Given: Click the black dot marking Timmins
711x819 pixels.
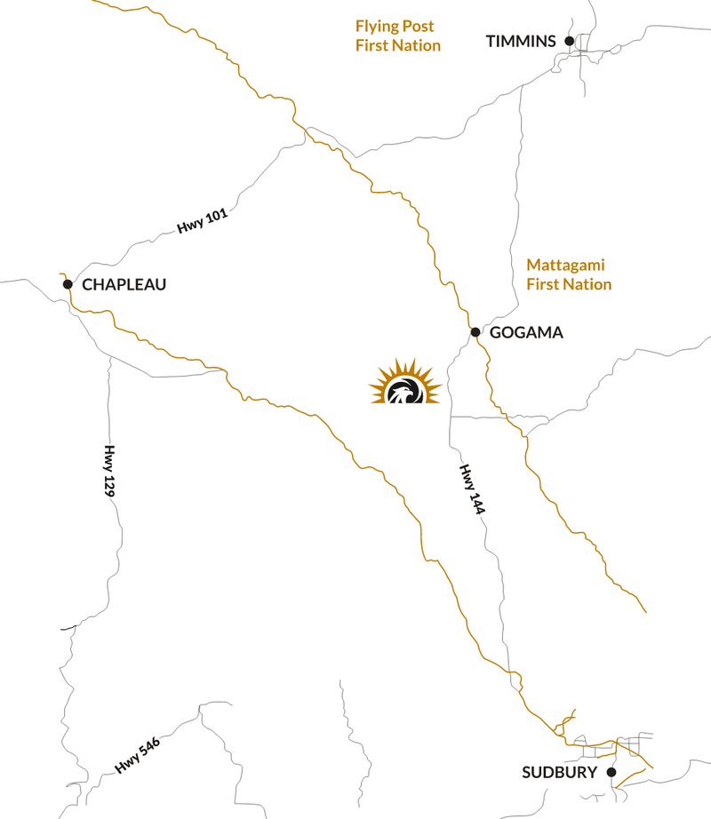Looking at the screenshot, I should [x=570, y=40].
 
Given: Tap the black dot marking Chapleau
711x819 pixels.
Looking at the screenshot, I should [x=67, y=284].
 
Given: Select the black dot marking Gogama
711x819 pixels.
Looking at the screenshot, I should [x=475, y=332].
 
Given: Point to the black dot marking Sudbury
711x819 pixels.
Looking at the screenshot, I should [x=611, y=772].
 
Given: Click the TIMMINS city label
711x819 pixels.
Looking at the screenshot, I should [x=521, y=41].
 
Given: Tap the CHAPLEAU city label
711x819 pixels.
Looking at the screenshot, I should [x=124, y=285].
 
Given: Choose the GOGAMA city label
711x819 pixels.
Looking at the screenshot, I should [x=526, y=333].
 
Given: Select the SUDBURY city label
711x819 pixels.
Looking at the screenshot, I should [x=559, y=773].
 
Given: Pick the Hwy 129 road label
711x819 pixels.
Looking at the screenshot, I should [x=111, y=471].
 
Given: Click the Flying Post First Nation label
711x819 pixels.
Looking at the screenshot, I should [x=397, y=36].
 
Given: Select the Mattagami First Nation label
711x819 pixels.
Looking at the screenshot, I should [x=569, y=274].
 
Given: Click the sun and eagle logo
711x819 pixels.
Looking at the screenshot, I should [x=405, y=383].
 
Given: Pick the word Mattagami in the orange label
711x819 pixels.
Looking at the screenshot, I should [x=565, y=265].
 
